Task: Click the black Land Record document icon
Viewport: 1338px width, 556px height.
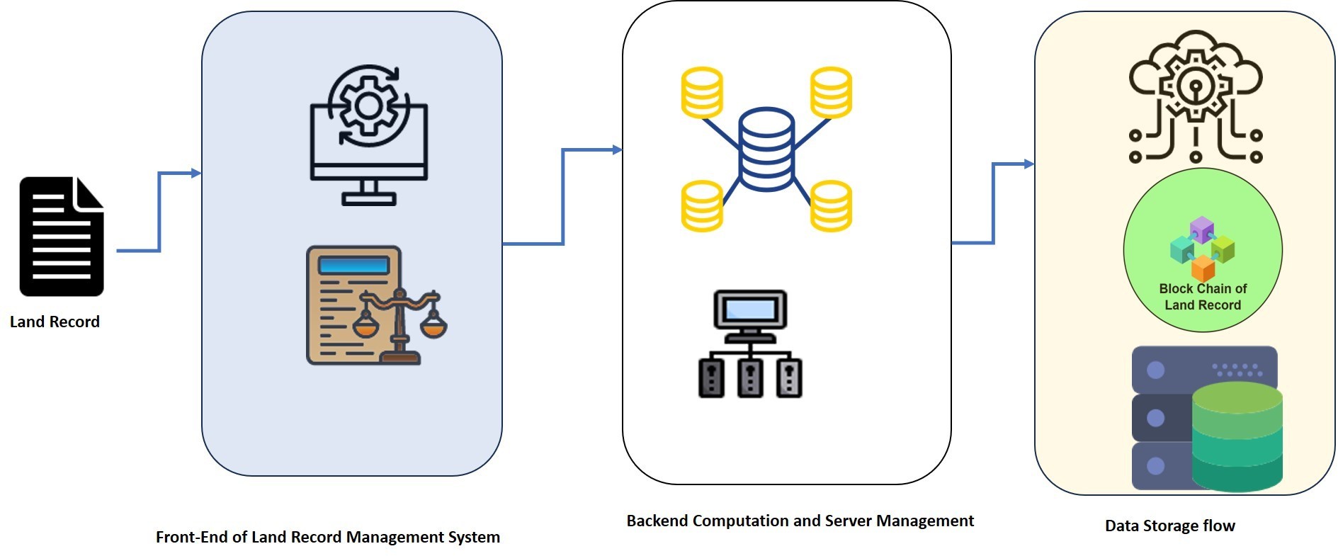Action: click(62, 236)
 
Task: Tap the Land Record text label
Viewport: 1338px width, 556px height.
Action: click(55, 322)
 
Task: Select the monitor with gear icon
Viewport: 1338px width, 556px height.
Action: click(368, 135)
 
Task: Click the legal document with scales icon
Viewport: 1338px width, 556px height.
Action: click(375, 305)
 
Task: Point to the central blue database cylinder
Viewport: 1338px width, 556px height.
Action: click(766, 149)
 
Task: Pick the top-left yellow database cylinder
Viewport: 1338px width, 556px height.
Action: click(701, 92)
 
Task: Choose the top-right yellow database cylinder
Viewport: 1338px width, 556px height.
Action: click(831, 92)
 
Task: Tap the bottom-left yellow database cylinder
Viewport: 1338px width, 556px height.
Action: click(701, 206)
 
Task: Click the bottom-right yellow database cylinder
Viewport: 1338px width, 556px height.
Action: click(831, 206)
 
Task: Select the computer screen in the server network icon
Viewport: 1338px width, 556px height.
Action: click(750, 310)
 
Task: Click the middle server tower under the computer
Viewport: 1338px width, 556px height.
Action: click(750, 378)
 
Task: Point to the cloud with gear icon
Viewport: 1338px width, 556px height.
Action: click(1195, 96)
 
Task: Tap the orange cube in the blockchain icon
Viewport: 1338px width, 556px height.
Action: click(1203, 268)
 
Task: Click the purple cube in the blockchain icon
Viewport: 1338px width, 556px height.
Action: click(1202, 229)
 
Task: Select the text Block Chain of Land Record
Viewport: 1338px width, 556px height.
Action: click(1203, 297)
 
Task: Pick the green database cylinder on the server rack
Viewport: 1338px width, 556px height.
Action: click(1237, 436)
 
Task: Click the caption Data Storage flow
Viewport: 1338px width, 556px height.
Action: click(1169, 526)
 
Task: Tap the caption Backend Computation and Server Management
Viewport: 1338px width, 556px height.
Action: click(800, 521)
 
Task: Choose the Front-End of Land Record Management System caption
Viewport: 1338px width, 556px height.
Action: click(327, 537)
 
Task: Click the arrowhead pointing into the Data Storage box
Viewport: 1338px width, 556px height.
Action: click(1029, 164)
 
